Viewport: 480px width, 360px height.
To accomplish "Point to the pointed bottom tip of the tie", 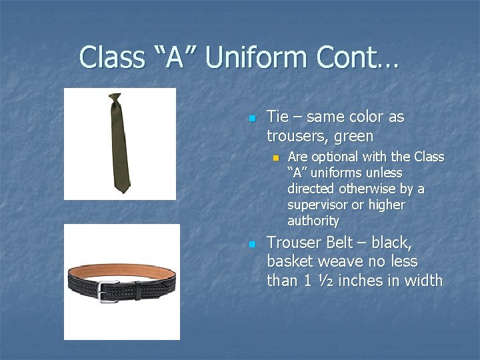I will [x=121, y=191].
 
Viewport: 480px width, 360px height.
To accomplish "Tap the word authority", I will [x=313, y=221].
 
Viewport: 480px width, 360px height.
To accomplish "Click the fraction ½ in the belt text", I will [x=325, y=281].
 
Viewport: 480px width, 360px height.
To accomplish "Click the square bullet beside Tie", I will [x=251, y=119].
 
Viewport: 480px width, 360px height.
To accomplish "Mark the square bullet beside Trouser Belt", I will [x=251, y=244].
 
